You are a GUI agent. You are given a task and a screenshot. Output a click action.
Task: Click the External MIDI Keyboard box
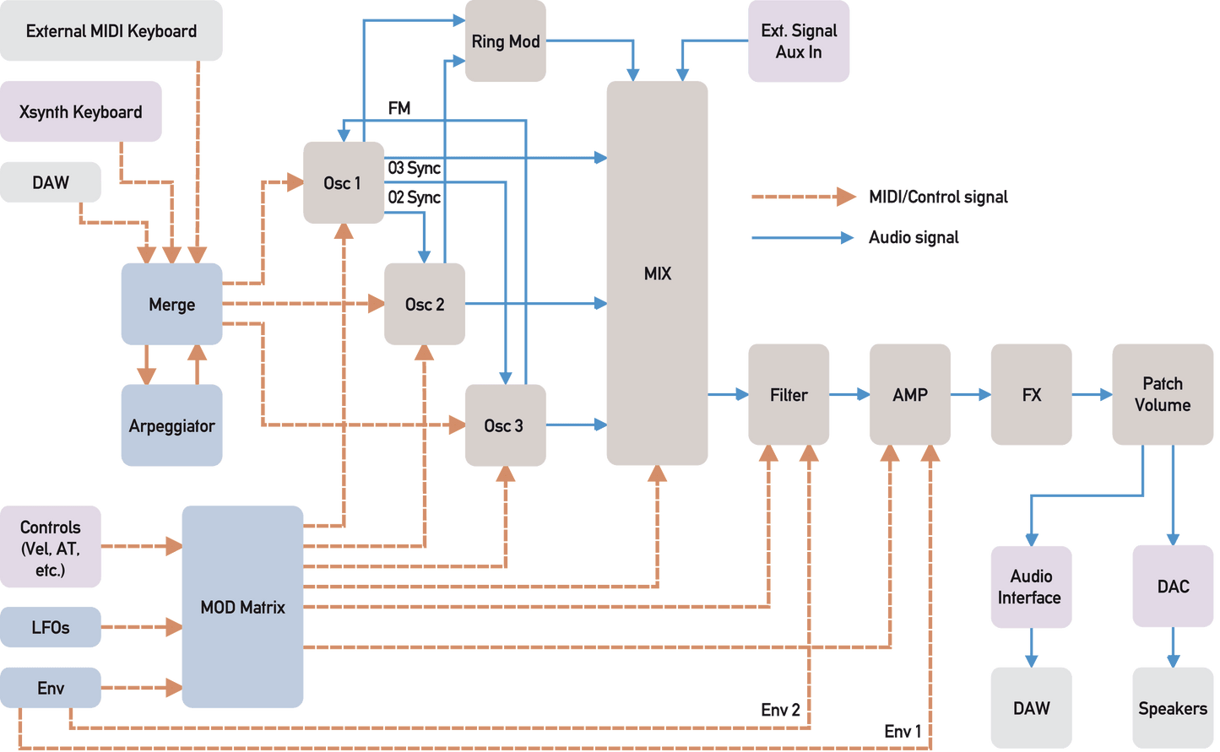pos(111,30)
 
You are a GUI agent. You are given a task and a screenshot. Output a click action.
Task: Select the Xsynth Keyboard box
pos(80,111)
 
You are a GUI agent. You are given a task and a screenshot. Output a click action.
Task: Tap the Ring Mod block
pos(506,41)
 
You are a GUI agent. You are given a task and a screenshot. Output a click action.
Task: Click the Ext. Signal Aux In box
pos(799,41)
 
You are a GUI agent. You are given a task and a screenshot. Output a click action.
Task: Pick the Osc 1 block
pos(344,182)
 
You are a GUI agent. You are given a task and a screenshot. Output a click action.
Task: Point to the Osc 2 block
pos(425,304)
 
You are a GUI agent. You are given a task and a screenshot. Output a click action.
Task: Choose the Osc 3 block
pos(506,425)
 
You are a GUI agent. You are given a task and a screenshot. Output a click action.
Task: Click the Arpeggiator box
pos(171,425)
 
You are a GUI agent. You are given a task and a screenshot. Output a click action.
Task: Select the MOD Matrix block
pos(242,607)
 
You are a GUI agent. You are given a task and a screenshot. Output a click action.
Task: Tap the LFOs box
pos(51,627)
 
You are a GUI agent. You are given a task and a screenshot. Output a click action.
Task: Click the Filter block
pos(789,394)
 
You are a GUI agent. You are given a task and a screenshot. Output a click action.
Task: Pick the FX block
pos(1032,394)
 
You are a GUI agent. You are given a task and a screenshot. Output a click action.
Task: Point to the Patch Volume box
pos(1163,394)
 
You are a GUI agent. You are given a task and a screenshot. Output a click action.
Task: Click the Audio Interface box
pos(1032,587)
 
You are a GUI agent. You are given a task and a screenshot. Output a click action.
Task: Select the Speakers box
pos(1174,708)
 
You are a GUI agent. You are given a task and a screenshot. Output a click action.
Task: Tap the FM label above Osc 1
pos(399,108)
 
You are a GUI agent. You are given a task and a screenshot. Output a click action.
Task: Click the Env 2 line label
pos(780,710)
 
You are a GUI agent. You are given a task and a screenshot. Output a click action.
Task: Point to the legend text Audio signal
pos(914,237)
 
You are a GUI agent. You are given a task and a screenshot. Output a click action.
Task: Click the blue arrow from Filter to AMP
pos(849,394)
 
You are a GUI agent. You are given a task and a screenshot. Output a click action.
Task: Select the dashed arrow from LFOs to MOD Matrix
pos(142,627)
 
